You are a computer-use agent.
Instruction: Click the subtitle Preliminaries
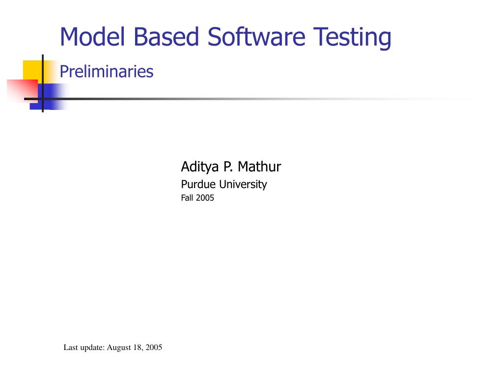coord(107,72)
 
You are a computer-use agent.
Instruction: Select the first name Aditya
coord(200,167)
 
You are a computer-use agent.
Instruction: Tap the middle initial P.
coord(227,167)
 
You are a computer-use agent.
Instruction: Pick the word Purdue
coord(198,185)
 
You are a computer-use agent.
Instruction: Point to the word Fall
coord(188,198)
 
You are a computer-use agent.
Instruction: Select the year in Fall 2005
coord(205,198)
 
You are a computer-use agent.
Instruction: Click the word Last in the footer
coord(71,348)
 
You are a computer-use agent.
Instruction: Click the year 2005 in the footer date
coord(154,348)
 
